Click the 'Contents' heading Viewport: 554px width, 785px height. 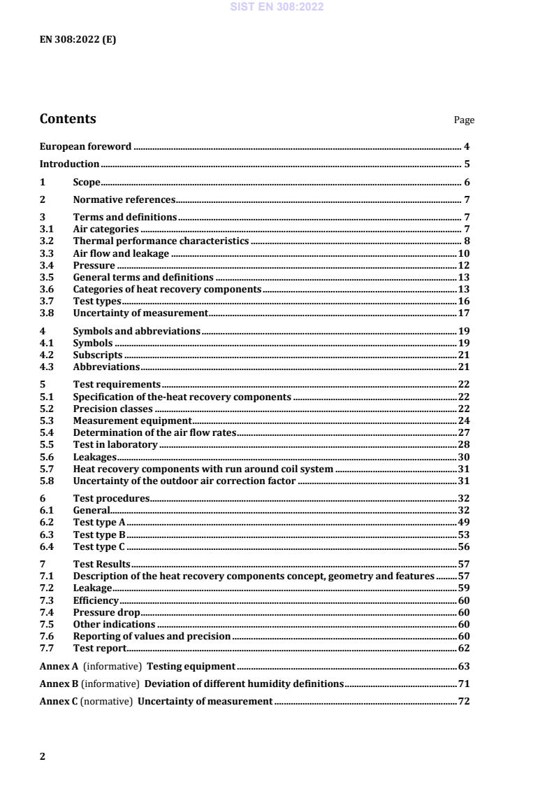click(68, 119)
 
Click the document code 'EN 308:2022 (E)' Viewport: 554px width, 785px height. click(78, 40)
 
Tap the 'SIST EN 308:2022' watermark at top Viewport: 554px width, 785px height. click(277, 8)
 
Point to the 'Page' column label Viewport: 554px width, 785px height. click(464, 120)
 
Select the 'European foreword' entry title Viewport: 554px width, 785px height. click(85, 146)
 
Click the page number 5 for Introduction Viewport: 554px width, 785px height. click(467, 164)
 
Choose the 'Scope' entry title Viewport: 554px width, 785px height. click(87, 183)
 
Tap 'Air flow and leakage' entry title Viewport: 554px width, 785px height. click(121, 253)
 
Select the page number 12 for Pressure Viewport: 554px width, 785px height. click(463, 265)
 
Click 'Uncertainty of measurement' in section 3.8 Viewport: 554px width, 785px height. click(140, 313)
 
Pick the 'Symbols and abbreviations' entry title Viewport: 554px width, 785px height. click(136, 331)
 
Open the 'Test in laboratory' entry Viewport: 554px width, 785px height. click(115, 444)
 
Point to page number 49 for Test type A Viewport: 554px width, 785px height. click(463, 522)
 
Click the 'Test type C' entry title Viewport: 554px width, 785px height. click(99, 546)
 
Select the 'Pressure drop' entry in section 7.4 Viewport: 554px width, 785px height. click(106, 611)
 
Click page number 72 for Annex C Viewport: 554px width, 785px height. click(463, 701)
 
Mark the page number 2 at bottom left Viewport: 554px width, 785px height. click(43, 756)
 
